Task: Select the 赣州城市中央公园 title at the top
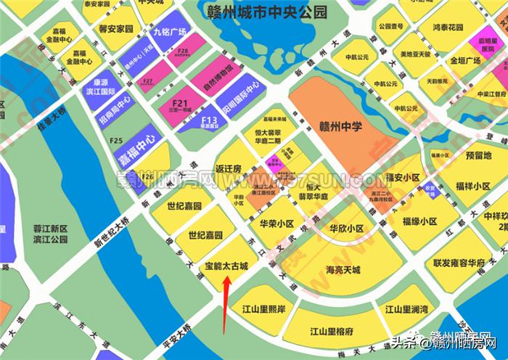click(x=266, y=12)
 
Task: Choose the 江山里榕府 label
click(x=331, y=332)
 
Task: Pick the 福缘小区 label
click(x=421, y=221)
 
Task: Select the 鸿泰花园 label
click(x=447, y=26)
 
